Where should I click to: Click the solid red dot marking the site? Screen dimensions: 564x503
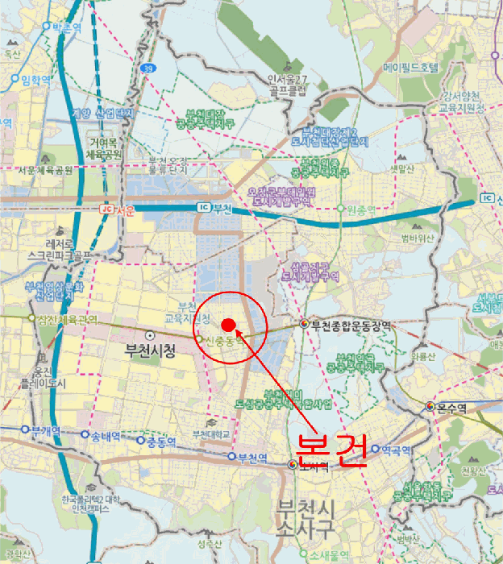pyautogui.click(x=228, y=325)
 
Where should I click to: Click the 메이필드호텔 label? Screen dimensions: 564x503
pyautogui.click(x=411, y=67)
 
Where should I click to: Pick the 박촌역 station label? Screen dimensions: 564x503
pyautogui.click(x=67, y=27)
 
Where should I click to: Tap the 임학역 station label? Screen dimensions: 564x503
pyautogui.click(x=35, y=79)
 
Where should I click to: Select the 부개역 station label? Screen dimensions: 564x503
pyautogui.click(x=46, y=430)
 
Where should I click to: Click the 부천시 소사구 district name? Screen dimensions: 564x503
pyautogui.click(x=305, y=518)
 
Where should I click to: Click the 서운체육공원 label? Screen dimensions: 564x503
pyautogui.click(x=45, y=170)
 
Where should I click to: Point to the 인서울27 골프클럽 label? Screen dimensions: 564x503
pyautogui.click(x=288, y=85)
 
